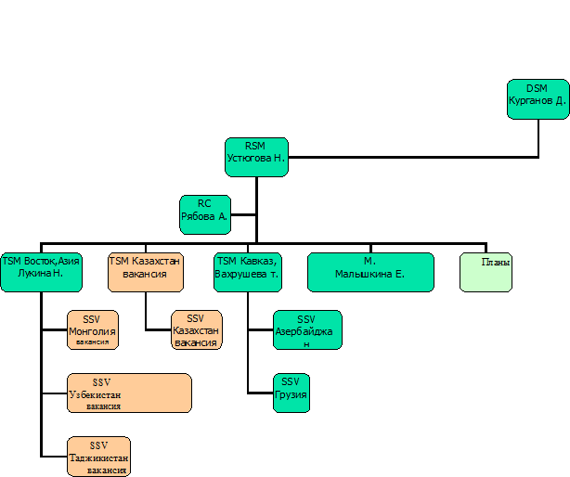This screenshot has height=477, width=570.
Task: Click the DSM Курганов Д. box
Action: [538, 99]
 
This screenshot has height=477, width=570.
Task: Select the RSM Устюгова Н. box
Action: [256, 157]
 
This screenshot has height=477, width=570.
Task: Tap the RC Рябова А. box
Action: [204, 214]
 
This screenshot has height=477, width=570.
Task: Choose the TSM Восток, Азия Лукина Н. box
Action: [41, 272]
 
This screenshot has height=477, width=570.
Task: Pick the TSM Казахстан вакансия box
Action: [145, 272]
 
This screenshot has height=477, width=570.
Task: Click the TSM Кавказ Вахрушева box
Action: [247, 272]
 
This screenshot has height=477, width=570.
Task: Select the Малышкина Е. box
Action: [370, 272]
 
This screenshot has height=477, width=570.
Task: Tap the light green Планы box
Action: [486, 272]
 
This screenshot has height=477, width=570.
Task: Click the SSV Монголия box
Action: [92, 329]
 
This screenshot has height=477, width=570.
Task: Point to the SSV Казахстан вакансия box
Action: [196, 329]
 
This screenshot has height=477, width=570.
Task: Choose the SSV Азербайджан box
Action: [306, 329]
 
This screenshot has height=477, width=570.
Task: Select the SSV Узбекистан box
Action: [129, 393]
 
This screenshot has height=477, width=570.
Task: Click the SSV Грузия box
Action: [291, 393]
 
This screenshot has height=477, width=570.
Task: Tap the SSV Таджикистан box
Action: [98, 456]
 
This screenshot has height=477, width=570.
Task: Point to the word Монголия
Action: [92, 330]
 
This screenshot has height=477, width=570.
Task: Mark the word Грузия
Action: [291, 394]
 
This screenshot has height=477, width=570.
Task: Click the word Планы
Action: [495, 262]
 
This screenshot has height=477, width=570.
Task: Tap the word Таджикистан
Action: [98, 458]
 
